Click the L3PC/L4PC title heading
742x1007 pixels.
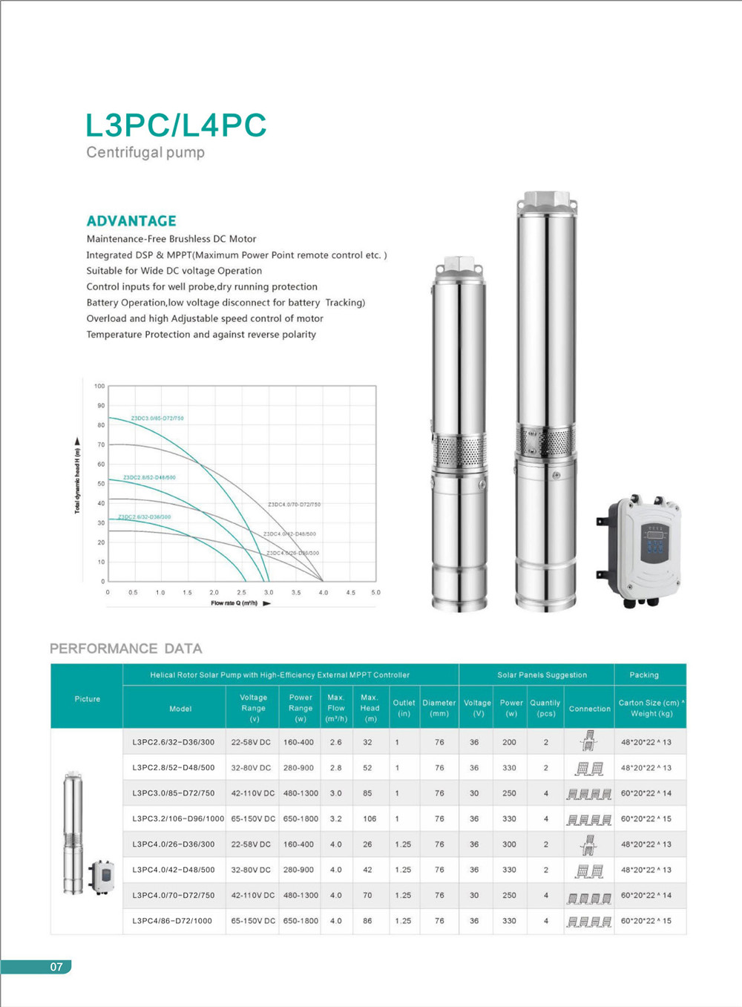pyautogui.click(x=176, y=125)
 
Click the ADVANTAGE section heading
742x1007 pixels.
pyautogui.click(x=131, y=221)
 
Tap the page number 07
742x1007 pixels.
pyautogui.click(x=56, y=967)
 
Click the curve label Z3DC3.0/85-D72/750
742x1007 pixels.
pyautogui.click(x=157, y=419)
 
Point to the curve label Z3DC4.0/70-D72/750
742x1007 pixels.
pyautogui.click(x=294, y=505)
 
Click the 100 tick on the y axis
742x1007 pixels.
pyautogui.click(x=99, y=387)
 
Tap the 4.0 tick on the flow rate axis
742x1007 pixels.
pyautogui.click(x=324, y=593)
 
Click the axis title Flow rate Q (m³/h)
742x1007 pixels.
pyautogui.click(x=234, y=603)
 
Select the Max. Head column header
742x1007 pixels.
pyautogui.click(x=370, y=708)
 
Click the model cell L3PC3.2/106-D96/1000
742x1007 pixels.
pyautogui.click(x=178, y=819)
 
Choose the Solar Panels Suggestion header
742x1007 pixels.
pyautogui.click(x=542, y=675)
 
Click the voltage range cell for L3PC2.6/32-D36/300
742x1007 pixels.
pyautogui.click(x=251, y=742)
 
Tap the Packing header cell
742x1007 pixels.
pyautogui.click(x=644, y=675)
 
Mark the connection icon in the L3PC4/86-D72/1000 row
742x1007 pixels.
pyautogui.click(x=589, y=921)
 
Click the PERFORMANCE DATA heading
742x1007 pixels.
pyautogui.click(x=126, y=649)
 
